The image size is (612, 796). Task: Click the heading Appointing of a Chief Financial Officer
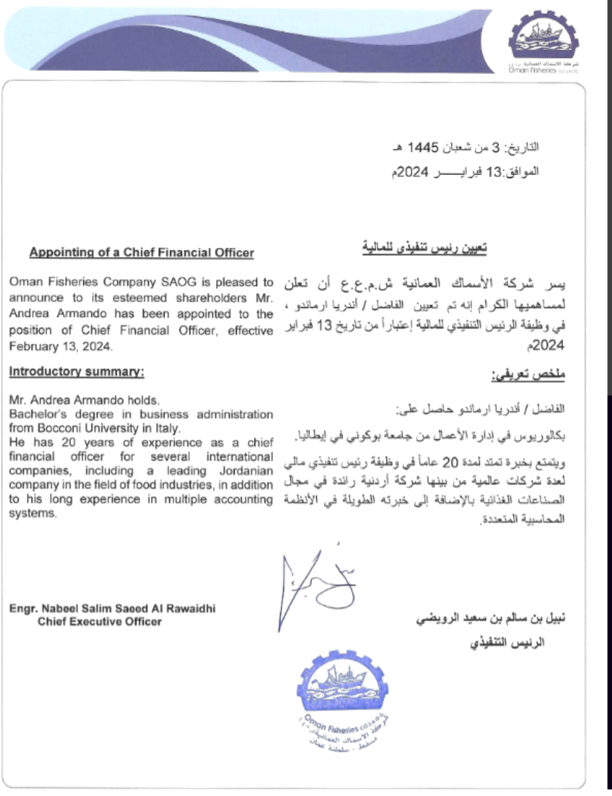coord(141,254)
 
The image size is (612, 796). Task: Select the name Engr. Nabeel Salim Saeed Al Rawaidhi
coord(112,609)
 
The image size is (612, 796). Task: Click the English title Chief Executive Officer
coord(99,622)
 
